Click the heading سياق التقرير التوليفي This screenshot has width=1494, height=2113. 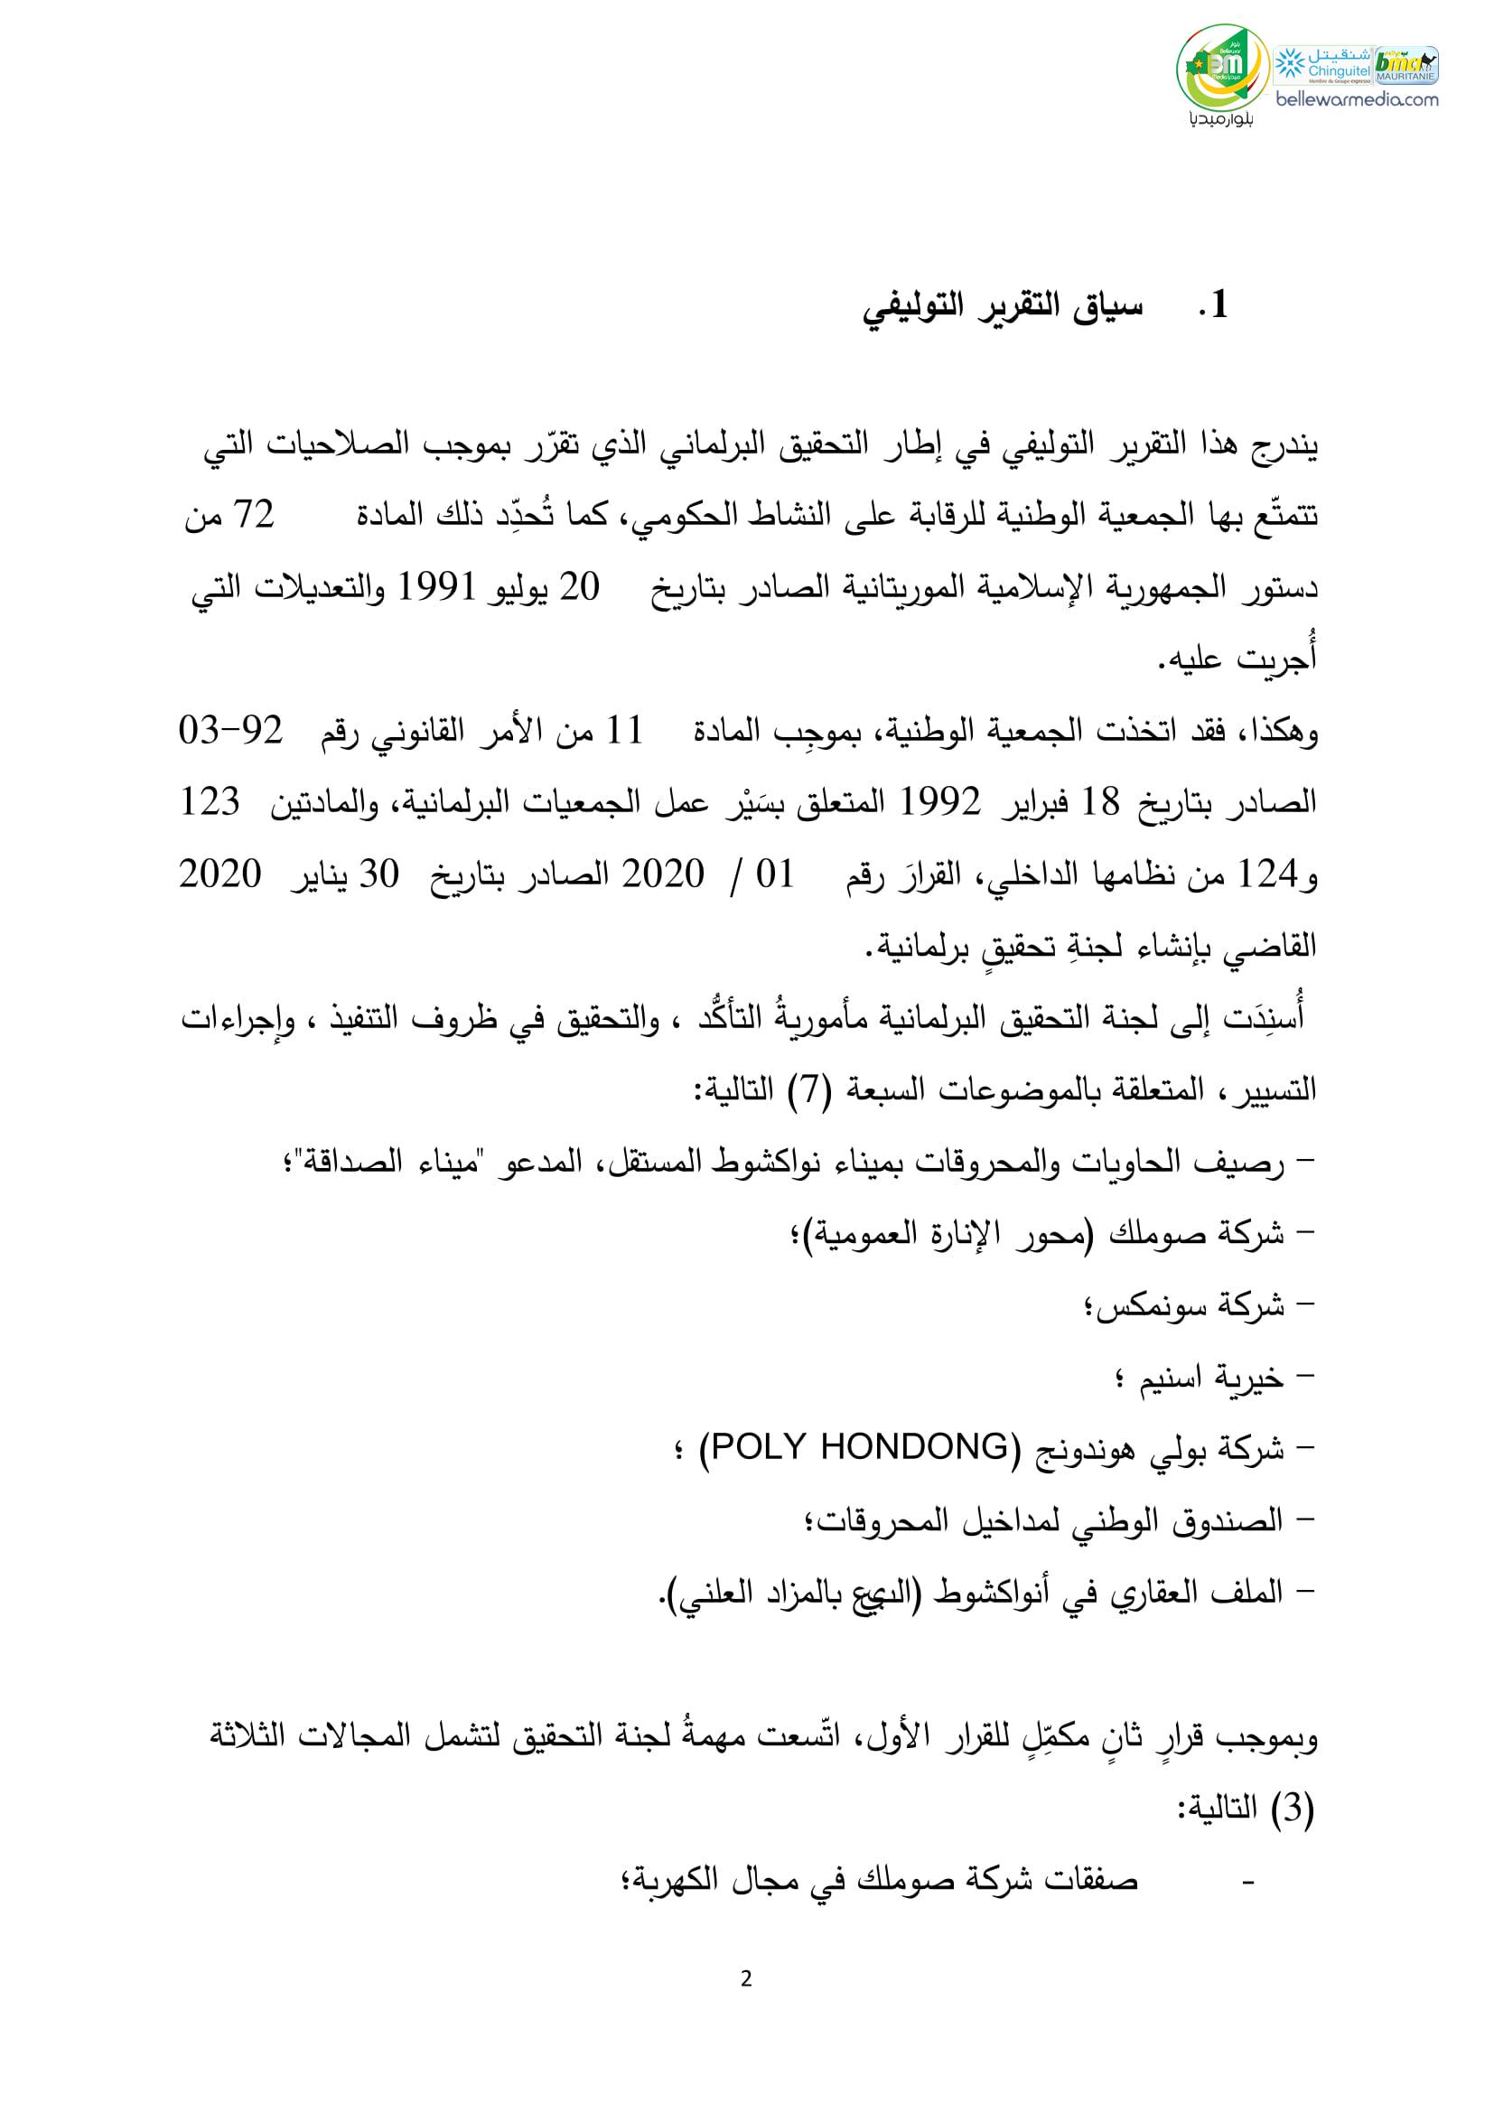click(x=1003, y=306)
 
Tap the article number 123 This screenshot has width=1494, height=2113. click(x=209, y=802)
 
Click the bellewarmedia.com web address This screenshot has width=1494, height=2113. click(x=1356, y=99)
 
